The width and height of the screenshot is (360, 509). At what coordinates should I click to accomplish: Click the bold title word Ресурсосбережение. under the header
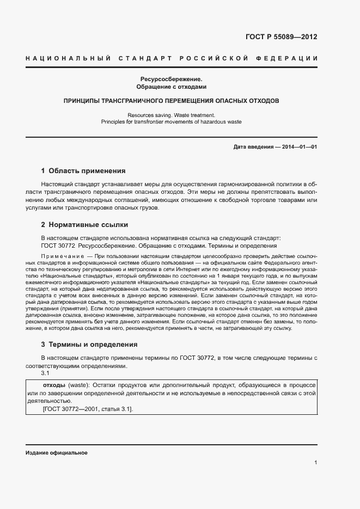(172, 79)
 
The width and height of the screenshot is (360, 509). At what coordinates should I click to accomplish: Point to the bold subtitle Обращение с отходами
(172, 87)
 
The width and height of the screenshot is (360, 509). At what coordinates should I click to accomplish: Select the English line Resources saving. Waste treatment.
(172, 115)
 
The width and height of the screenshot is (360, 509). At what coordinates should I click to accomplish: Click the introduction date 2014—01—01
(299, 147)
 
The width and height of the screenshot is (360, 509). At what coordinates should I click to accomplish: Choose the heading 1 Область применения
(83, 171)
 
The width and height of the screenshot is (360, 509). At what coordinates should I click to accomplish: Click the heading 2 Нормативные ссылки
(84, 224)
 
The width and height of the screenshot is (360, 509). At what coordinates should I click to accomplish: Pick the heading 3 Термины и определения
(89, 345)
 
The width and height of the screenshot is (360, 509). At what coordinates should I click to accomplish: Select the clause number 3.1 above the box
(46, 374)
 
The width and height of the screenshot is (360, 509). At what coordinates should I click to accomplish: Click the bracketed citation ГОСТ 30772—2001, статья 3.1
(87, 409)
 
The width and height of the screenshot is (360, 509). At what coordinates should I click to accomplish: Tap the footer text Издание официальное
(56, 453)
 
